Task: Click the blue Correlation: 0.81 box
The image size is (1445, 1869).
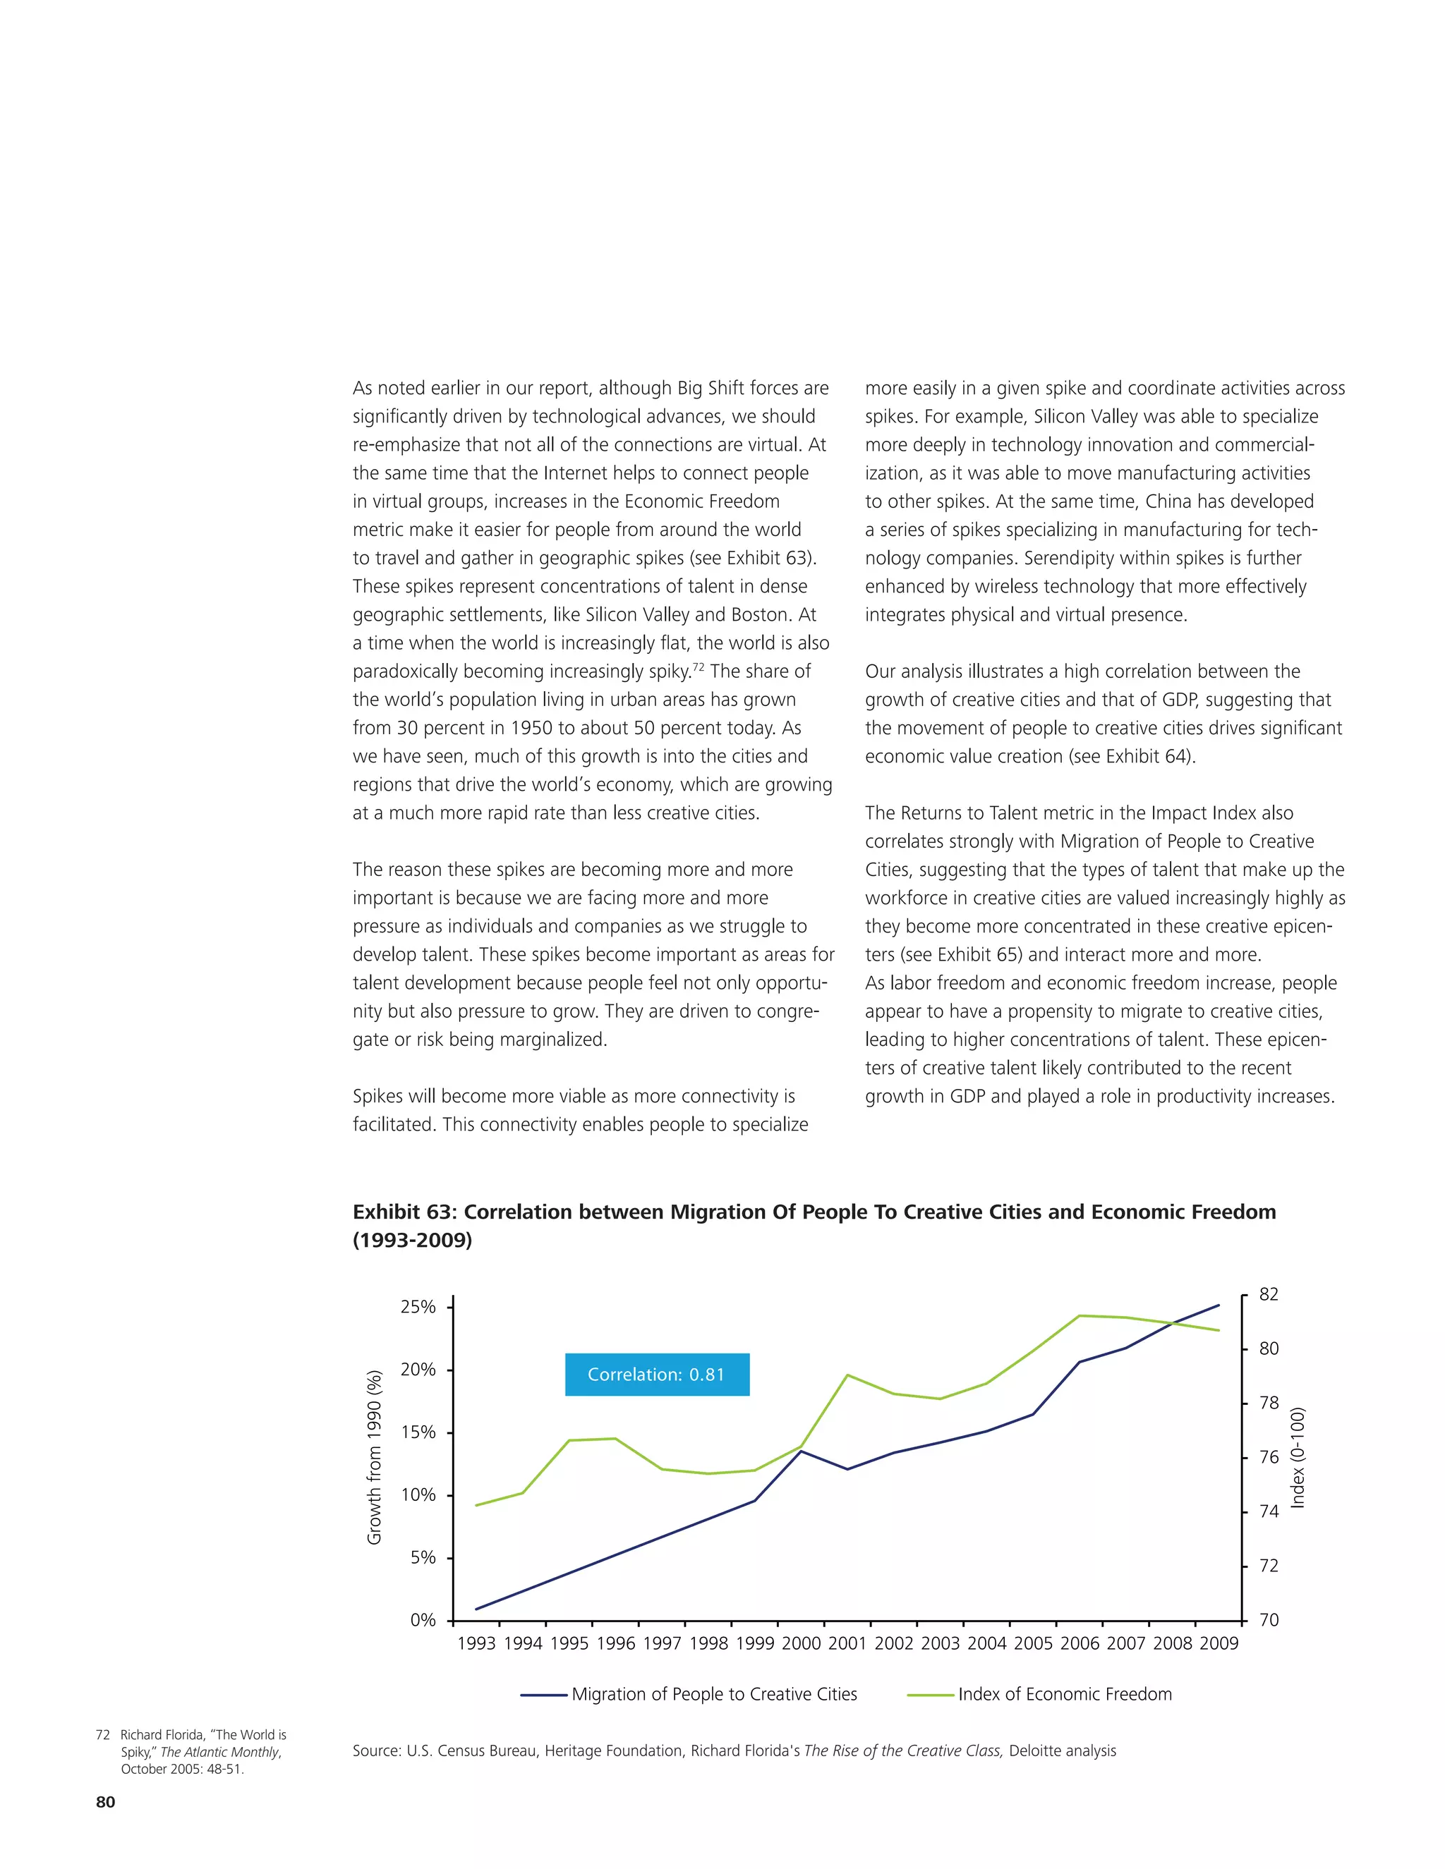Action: pyautogui.click(x=657, y=1375)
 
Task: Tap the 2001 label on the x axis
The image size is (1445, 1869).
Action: pyautogui.click(x=847, y=1643)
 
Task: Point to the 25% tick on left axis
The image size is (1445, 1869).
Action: pyautogui.click(x=418, y=1307)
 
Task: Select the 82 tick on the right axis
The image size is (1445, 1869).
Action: pyautogui.click(x=1268, y=1295)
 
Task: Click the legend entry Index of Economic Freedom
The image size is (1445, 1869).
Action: pyautogui.click(x=1064, y=1693)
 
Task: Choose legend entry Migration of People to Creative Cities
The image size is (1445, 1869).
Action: pyautogui.click(x=714, y=1693)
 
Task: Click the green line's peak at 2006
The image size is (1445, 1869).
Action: pyautogui.click(x=1080, y=1315)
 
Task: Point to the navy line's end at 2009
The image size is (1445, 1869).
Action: pyautogui.click(x=1218, y=1305)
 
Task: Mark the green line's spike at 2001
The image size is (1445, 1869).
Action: pyautogui.click(x=847, y=1375)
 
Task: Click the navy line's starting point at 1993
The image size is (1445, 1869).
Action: pyautogui.click(x=477, y=1609)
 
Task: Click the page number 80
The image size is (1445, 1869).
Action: pyautogui.click(x=105, y=1801)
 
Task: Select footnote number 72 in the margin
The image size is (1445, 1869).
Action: pyautogui.click(x=103, y=1735)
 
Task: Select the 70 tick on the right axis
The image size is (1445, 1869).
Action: pyautogui.click(x=1268, y=1620)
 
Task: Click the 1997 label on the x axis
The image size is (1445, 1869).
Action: pyautogui.click(x=662, y=1643)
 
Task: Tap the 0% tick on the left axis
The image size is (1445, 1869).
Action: pyautogui.click(x=423, y=1620)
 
